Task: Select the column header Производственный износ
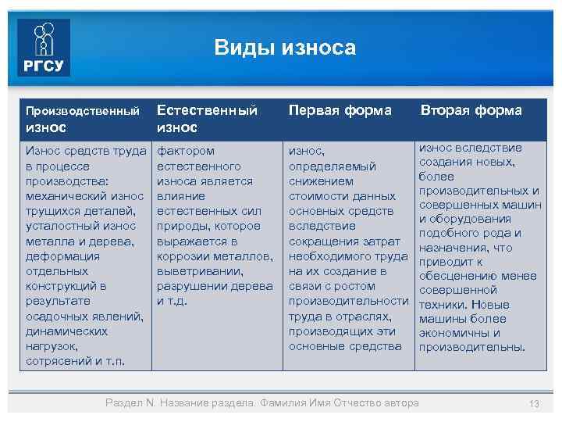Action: click(83, 117)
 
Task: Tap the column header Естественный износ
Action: click(207, 118)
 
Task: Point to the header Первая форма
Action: click(340, 110)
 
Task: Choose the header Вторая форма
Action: click(471, 110)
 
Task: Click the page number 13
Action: click(534, 403)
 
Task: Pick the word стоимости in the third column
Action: click(315, 195)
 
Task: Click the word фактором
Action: click(186, 150)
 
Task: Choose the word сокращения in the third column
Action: click(320, 241)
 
